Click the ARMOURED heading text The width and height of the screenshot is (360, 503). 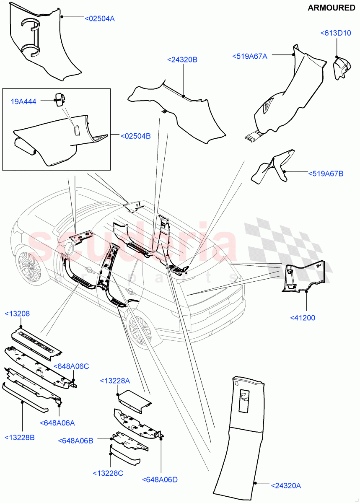point(331,8)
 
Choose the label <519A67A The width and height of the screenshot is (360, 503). point(249,56)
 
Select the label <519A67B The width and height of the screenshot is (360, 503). point(326,173)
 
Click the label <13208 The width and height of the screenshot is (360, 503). point(17,314)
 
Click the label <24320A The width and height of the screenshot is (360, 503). point(286,486)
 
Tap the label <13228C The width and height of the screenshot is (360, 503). point(108,473)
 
